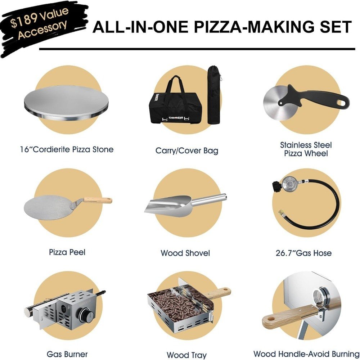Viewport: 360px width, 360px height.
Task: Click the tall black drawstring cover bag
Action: pyautogui.click(x=214, y=95)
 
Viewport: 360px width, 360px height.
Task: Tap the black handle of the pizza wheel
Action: pyautogui.click(x=315, y=98)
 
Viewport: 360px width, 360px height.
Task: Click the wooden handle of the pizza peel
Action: pyautogui.click(x=98, y=200)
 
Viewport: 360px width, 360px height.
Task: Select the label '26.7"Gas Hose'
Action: pyautogui.click(x=303, y=253)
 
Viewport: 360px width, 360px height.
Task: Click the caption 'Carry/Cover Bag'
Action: pyautogui.click(x=186, y=151)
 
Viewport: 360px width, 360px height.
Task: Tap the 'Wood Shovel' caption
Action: pyautogui.click(x=185, y=253)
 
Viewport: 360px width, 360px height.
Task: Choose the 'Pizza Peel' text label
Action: pyautogui.click(x=67, y=252)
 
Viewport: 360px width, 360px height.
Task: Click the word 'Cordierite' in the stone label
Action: pyautogui.click(x=51, y=149)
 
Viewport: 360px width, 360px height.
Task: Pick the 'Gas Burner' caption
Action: pyautogui.click(x=67, y=354)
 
